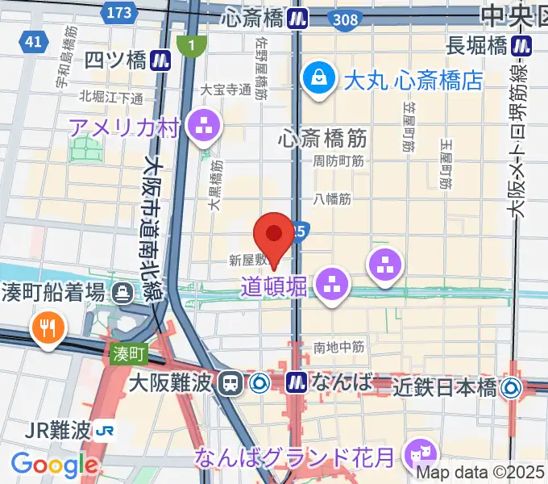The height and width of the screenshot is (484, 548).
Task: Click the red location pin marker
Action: pos(274,236)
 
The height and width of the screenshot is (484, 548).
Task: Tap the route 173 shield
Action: pos(119,12)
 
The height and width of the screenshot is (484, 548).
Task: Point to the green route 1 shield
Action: pos(191,47)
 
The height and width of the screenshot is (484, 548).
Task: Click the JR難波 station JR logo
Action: pos(103,431)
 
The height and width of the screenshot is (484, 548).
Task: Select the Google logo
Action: pos(54,465)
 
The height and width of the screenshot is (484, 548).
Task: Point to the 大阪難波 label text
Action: pos(173,382)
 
